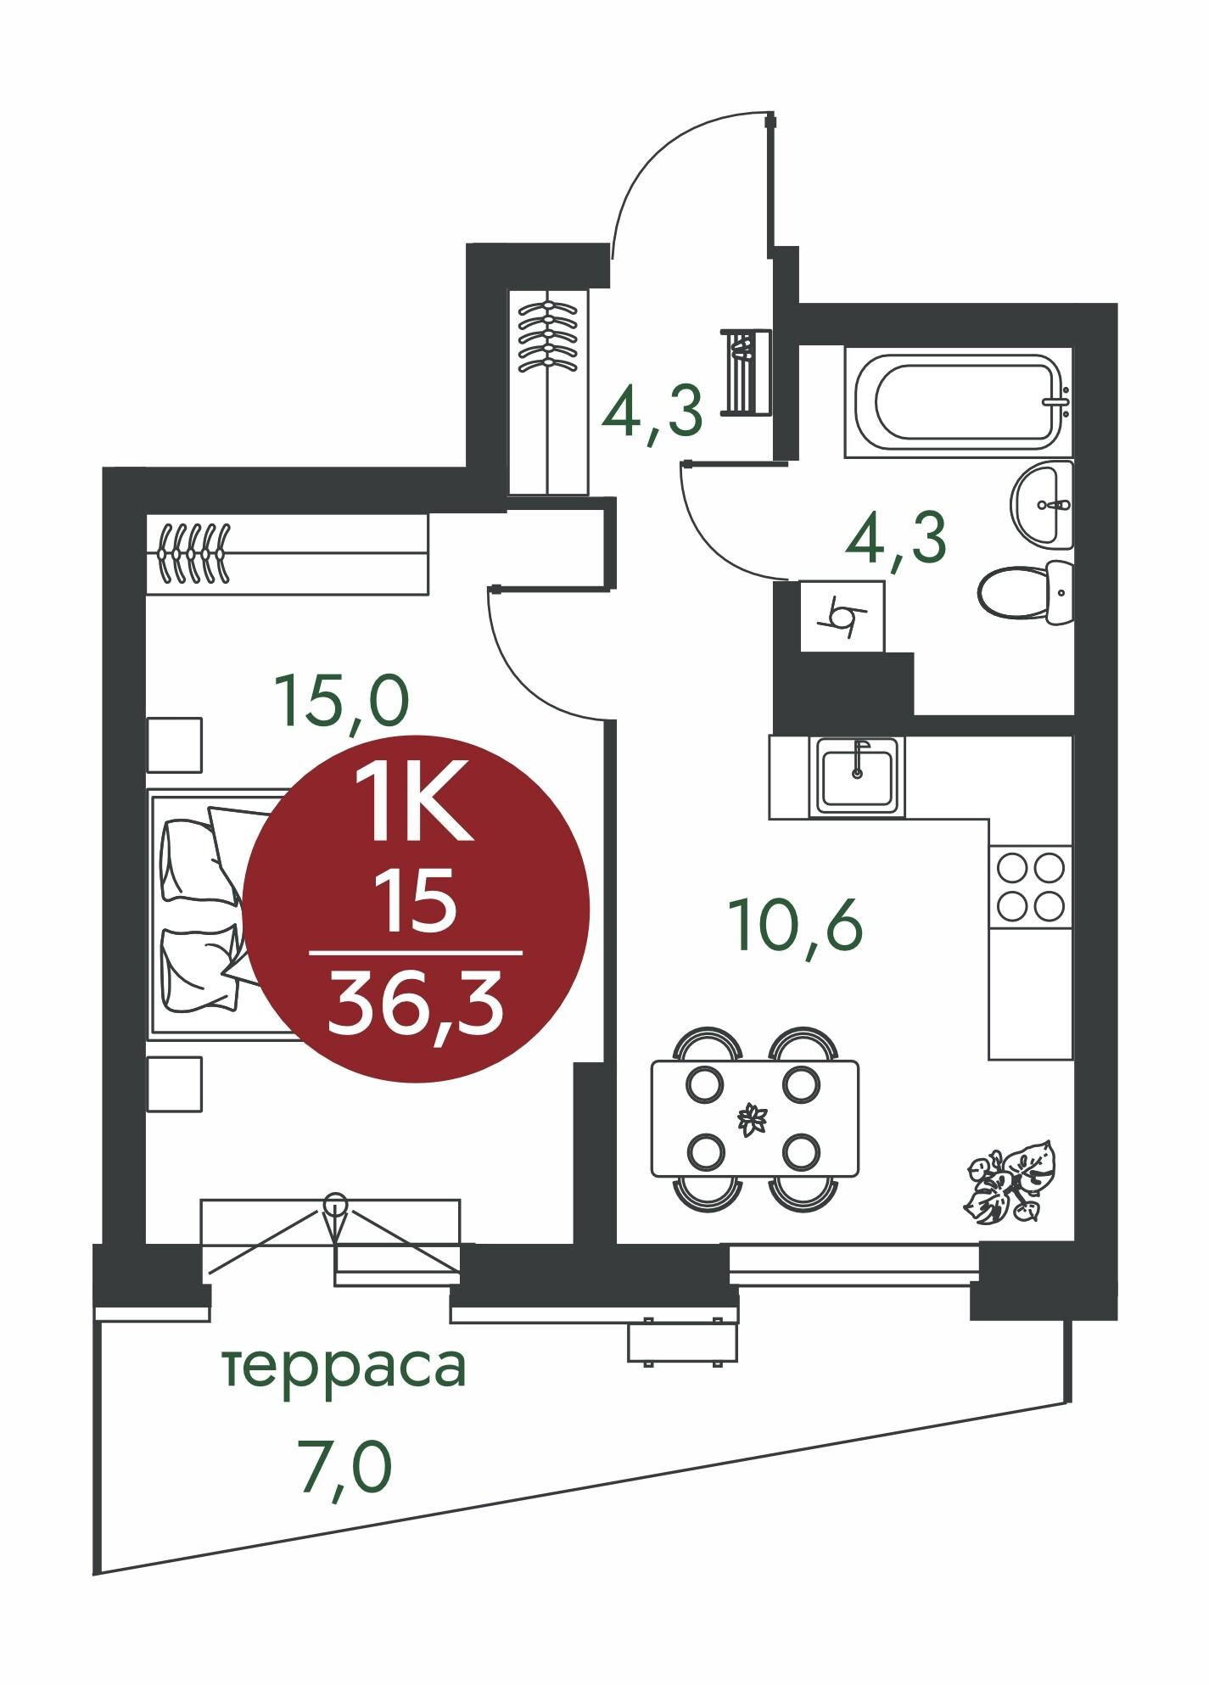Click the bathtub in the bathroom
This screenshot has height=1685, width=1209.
959,401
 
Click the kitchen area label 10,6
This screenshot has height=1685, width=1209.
796,926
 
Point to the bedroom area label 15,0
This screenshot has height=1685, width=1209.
340,703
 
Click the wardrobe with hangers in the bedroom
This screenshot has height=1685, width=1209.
286,553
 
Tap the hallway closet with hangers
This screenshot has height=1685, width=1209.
548,392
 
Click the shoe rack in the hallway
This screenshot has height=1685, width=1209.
746,372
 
